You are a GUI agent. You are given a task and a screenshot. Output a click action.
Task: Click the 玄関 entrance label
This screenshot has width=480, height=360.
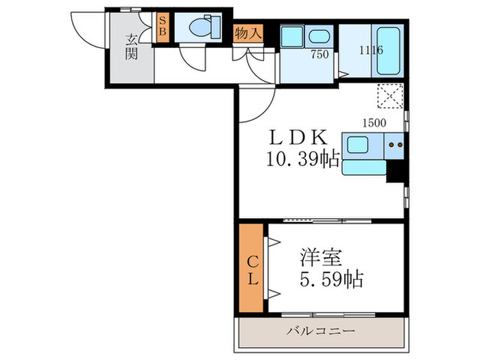(132, 47)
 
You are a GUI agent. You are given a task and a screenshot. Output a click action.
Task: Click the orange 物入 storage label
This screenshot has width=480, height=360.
(248, 32)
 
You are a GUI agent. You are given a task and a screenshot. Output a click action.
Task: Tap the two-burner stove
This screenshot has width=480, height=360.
(394, 145)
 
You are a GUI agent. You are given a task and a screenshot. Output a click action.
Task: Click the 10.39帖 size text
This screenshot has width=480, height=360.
(302, 160)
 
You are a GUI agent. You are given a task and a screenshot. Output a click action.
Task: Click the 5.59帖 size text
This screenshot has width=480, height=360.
(330, 280)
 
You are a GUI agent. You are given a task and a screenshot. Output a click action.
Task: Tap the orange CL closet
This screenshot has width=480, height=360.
(251, 268)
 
